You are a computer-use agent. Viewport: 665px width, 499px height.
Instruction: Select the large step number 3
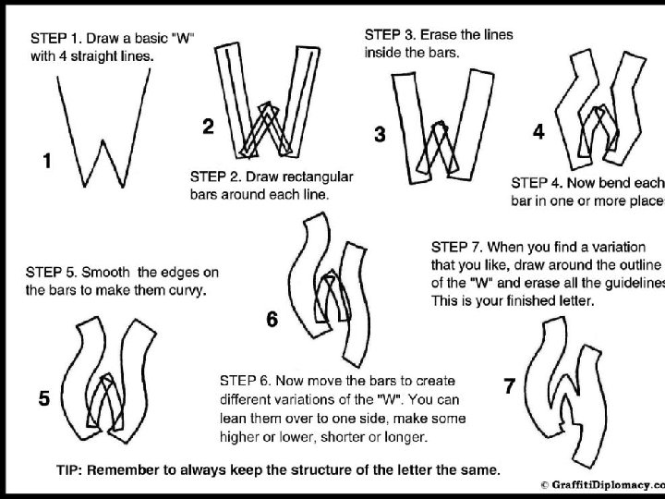click(x=380, y=135)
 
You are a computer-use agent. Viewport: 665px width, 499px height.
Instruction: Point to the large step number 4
click(x=538, y=132)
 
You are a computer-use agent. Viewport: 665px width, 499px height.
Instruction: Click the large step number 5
click(x=44, y=399)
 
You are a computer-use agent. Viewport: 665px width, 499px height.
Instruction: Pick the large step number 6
click(x=272, y=320)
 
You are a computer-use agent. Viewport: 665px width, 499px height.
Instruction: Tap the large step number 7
click(x=509, y=387)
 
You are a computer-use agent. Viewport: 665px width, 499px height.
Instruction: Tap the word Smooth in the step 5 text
click(x=104, y=273)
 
